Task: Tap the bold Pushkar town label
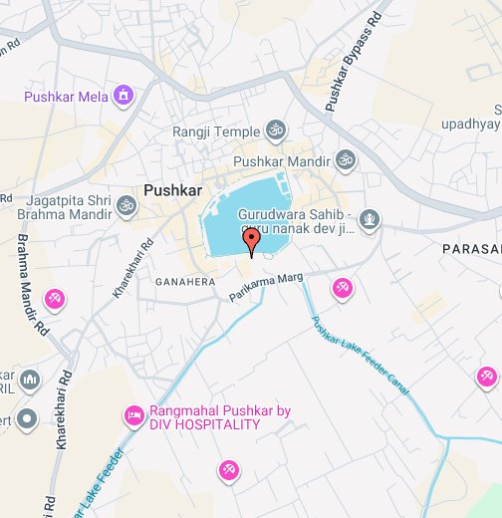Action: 172,189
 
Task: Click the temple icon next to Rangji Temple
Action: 274,130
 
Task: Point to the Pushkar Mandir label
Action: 282,159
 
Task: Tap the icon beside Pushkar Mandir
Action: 346,159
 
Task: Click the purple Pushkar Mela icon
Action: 124,96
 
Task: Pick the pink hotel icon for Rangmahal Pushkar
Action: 132,414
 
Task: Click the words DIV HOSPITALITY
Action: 204,425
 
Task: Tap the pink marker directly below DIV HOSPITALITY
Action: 228,468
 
